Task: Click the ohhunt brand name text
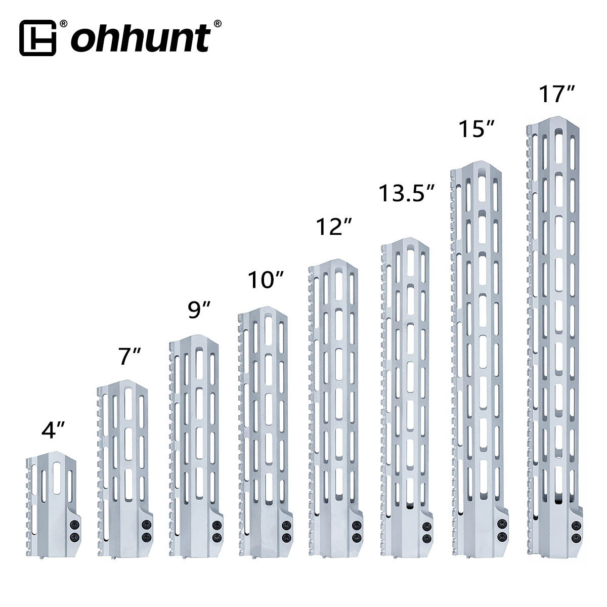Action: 141,38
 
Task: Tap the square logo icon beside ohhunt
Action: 37,38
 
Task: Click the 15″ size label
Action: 476,128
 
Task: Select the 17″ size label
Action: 555,95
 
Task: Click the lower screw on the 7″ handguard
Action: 146,536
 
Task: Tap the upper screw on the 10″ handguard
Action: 286,526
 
